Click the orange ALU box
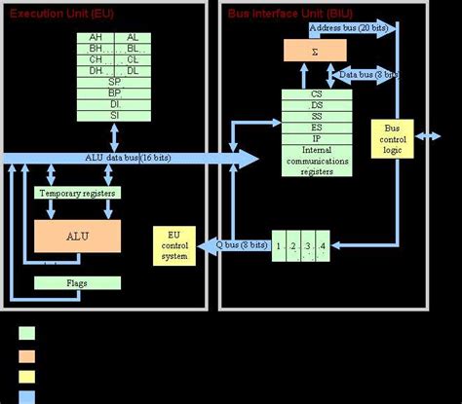pyautogui.click(x=78, y=237)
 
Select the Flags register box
pyautogui.click(x=78, y=283)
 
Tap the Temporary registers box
pyautogui.click(x=78, y=193)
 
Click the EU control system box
pyautogui.click(x=175, y=246)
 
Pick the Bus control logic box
pyautogui.click(x=394, y=137)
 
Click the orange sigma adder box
pyautogui.click(x=315, y=49)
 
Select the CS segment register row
pyautogui.click(x=317, y=95)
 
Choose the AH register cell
pyautogui.click(x=96, y=37)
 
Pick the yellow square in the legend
pyautogui.click(x=26, y=374)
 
